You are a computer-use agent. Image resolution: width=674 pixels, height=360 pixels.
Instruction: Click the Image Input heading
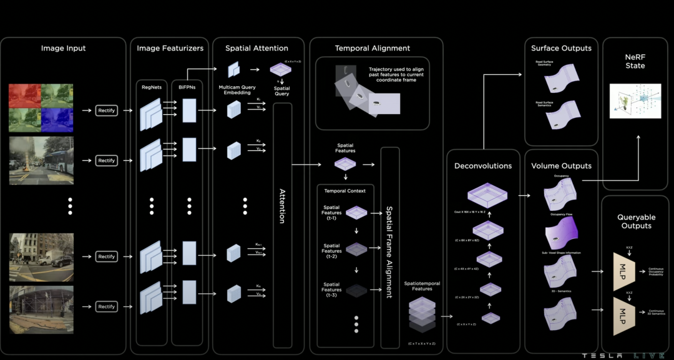point(64,48)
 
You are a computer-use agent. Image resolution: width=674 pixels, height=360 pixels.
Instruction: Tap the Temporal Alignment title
point(373,48)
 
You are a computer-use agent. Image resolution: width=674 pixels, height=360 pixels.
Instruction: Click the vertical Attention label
point(282,206)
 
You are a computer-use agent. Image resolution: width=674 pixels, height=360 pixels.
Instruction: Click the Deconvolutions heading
point(483,166)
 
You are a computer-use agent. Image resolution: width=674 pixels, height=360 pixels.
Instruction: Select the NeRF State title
point(635,61)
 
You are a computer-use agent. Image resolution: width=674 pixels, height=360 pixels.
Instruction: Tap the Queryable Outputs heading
point(635,221)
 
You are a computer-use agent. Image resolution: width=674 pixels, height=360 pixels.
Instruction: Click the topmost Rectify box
point(107,110)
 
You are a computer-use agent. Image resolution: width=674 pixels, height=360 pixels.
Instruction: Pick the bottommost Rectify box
point(107,306)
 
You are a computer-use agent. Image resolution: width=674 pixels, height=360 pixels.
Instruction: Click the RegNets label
point(152,88)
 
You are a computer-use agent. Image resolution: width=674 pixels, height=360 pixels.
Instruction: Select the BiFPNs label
point(187,88)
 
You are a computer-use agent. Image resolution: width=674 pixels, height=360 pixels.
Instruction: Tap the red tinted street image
point(25,96)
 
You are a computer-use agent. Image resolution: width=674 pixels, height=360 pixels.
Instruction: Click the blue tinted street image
point(57,120)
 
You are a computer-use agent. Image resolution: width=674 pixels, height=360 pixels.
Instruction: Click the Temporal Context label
point(345,190)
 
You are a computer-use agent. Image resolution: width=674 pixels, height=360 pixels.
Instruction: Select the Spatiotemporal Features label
point(422,286)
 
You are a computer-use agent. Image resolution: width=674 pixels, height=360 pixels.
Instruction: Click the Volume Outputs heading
point(561,166)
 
